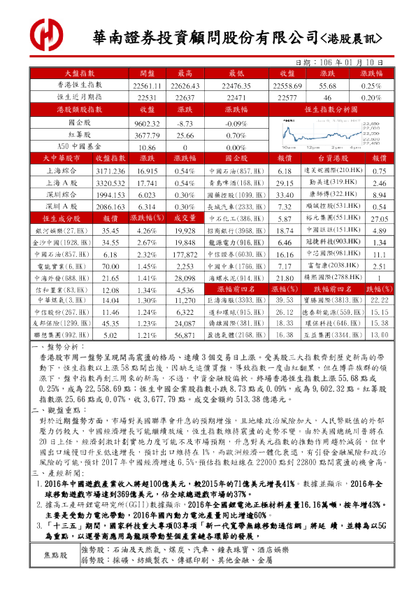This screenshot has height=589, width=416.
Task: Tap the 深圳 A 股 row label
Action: [62, 207]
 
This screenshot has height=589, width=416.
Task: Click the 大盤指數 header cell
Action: [80, 73]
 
